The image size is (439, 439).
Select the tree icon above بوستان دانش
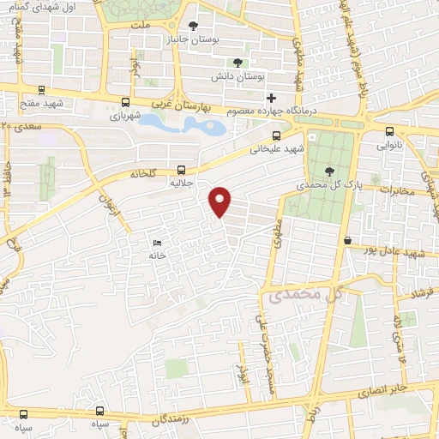[238, 62]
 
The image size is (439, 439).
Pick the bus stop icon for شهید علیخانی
[276, 135]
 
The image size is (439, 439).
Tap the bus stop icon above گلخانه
[181, 169]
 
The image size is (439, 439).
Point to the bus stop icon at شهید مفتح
[40, 89]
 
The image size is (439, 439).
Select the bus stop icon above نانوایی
[390, 132]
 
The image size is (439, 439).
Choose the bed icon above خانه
[155, 243]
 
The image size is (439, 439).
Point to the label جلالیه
[183, 183]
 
